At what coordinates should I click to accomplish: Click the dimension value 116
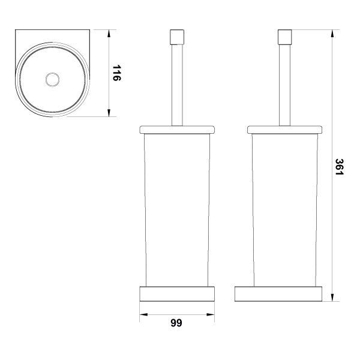coord(116,73)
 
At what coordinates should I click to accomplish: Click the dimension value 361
coord(339,167)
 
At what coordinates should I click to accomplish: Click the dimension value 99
coord(176,323)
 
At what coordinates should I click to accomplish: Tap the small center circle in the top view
coord(53,80)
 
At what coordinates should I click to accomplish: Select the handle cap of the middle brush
coord(177,37)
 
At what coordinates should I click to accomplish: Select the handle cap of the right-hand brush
coord(284,37)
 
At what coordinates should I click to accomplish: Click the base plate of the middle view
coord(177,293)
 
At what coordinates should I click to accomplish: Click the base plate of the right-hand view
coord(278,293)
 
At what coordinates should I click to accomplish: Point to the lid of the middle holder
coord(177,130)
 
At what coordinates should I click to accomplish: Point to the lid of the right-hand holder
coord(284,130)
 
